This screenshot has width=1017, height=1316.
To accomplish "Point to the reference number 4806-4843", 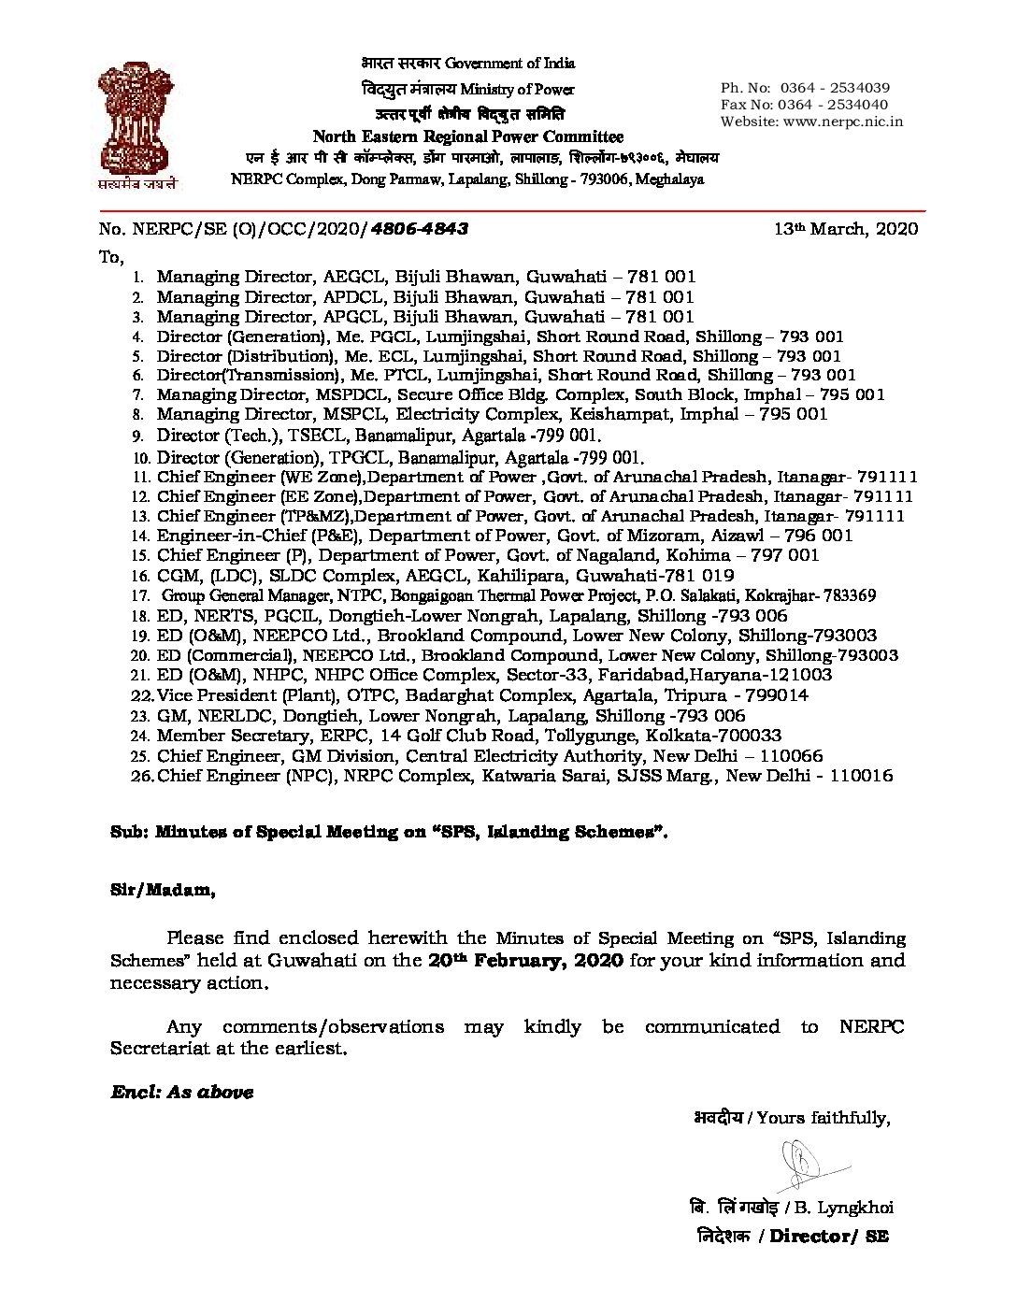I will point(421,229).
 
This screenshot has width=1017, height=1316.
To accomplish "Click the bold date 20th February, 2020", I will point(526,961).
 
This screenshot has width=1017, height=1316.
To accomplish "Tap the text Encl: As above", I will point(182,1092).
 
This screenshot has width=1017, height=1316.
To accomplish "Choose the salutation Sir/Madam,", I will point(158,891).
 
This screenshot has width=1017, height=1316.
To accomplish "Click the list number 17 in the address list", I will point(141,595).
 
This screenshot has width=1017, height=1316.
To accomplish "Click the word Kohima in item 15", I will point(695,555).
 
